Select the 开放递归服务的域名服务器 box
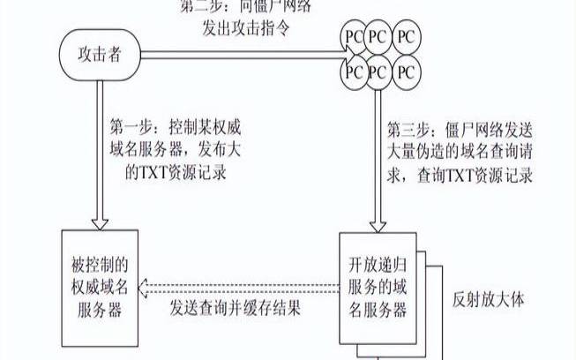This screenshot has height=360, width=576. [378, 287]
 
